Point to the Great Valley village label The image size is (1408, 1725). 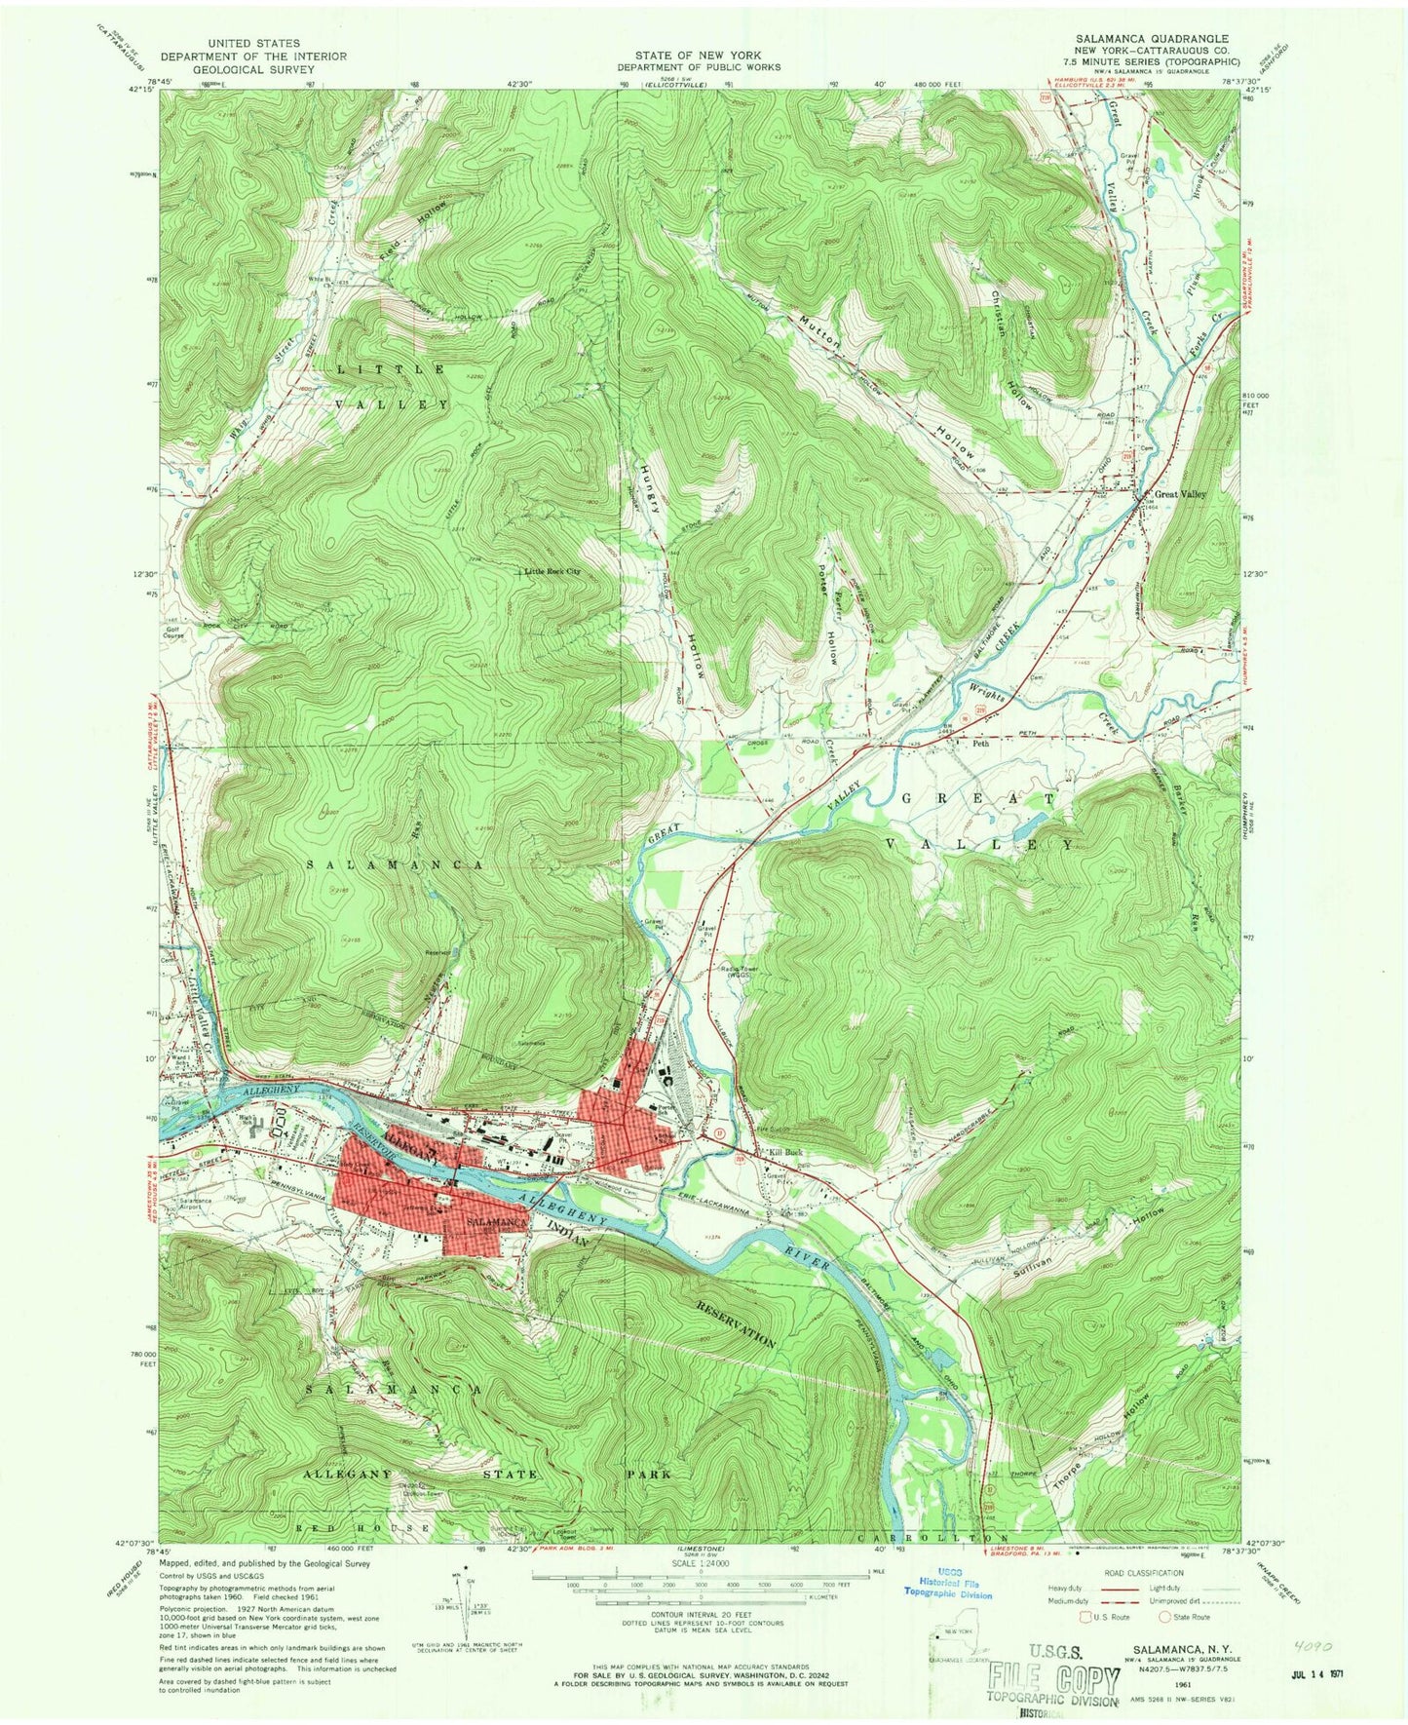click(1180, 494)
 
